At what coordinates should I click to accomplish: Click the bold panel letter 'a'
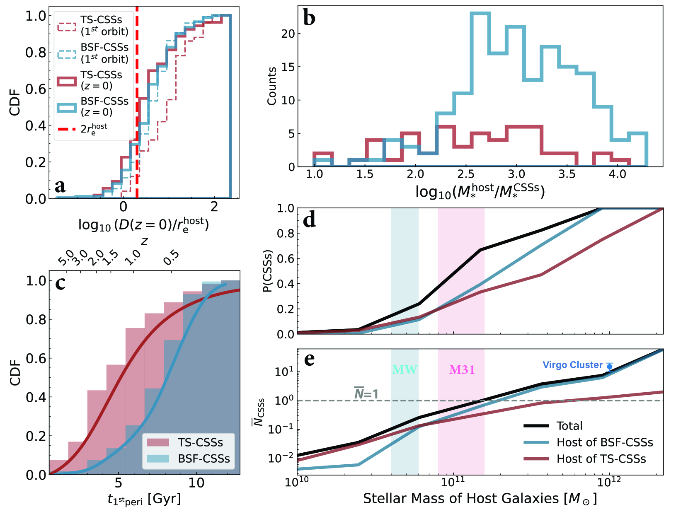tap(61, 186)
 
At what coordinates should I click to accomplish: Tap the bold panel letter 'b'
tap(309, 18)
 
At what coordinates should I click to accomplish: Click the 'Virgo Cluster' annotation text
tap(572, 365)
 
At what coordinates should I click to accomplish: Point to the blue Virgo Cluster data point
tap(609, 367)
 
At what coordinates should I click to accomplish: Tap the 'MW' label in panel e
tap(405, 370)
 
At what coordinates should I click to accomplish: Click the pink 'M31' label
tap(462, 370)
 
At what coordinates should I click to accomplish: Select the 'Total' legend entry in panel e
tap(569, 426)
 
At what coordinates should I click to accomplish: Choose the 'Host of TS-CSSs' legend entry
tap(601, 459)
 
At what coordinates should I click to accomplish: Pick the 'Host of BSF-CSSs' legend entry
tap(605, 442)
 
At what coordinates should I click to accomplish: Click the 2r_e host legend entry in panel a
tap(93, 129)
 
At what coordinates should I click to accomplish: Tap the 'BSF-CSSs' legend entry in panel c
tap(203, 459)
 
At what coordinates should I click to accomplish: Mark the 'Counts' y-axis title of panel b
tap(272, 86)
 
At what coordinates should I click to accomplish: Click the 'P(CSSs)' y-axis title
tap(268, 271)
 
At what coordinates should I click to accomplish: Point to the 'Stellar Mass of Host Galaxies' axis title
tap(480, 498)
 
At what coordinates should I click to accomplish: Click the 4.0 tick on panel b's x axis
tap(617, 174)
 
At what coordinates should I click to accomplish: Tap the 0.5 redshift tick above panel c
tap(171, 258)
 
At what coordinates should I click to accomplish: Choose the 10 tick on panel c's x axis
tap(196, 483)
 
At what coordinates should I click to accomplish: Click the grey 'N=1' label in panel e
tap(366, 393)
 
